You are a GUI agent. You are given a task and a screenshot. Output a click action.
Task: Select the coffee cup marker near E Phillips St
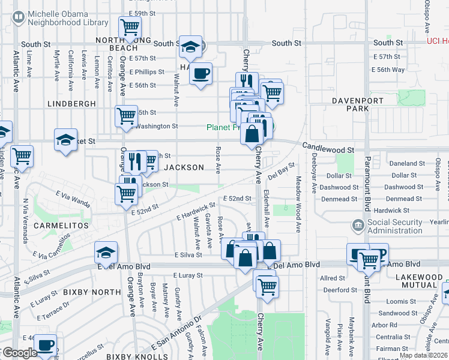201,73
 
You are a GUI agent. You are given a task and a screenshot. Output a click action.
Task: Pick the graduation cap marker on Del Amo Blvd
106,253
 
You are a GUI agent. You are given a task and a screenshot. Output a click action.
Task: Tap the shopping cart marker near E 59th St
129,27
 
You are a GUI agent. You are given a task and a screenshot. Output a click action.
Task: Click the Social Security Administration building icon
358,226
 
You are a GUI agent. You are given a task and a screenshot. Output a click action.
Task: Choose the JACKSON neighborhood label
184,167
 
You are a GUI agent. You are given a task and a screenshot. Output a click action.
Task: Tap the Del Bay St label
282,170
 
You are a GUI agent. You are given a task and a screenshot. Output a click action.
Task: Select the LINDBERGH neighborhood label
71,104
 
